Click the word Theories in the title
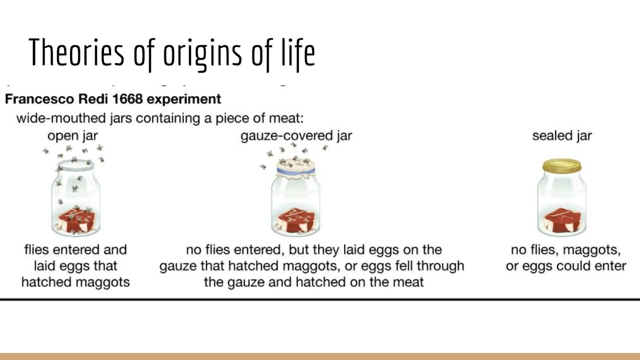76,53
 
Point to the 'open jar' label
72,136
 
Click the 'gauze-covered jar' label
296,136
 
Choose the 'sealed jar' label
562,136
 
